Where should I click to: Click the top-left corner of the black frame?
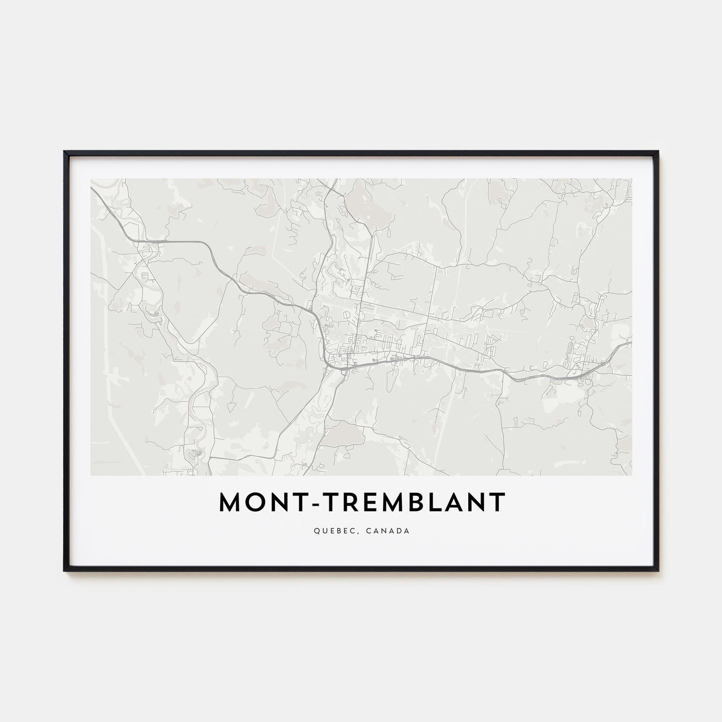64,152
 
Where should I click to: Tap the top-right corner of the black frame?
659,152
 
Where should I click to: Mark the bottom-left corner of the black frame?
64,571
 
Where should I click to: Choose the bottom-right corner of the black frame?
659,571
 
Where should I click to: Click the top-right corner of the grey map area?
632,179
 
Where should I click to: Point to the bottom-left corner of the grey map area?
91,475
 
